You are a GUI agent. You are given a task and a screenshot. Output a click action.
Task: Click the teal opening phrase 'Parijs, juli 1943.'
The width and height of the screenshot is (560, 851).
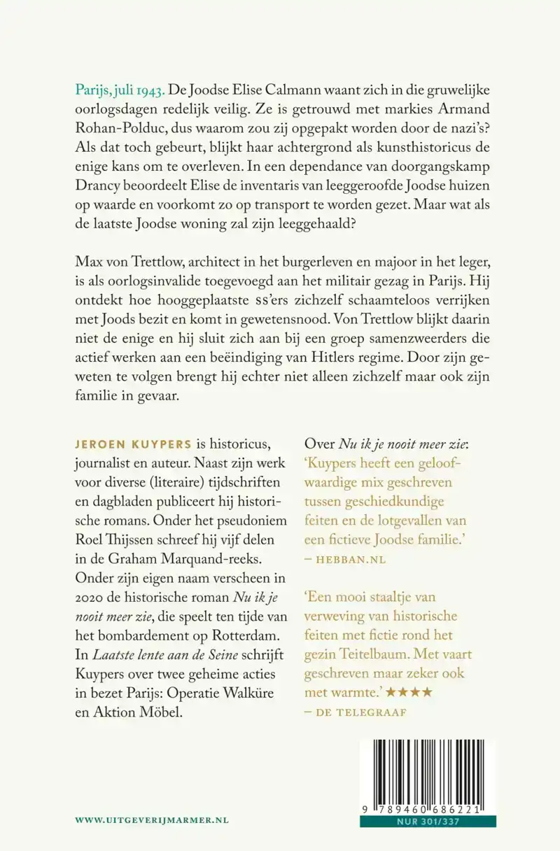point(120,91)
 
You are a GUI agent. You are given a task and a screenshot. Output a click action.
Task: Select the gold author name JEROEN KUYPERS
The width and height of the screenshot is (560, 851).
point(129,446)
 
